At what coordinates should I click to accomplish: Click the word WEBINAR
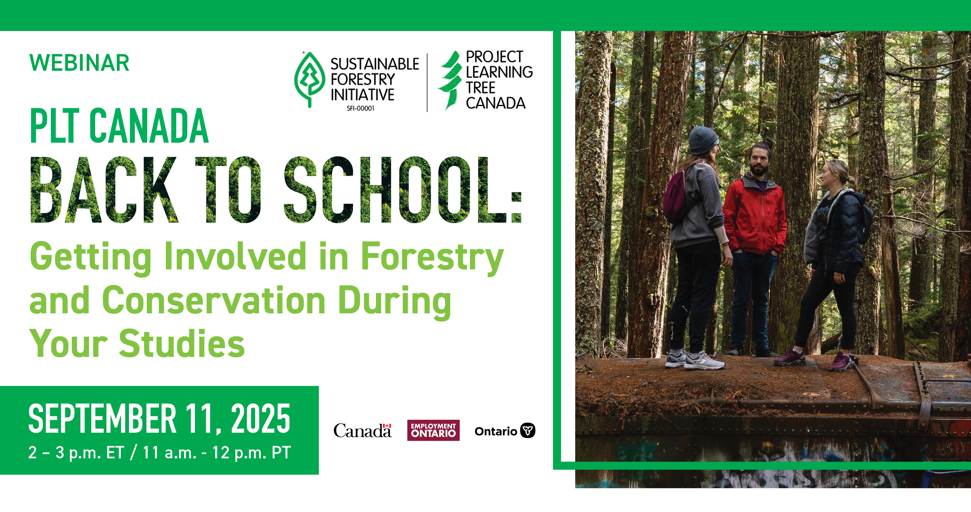pos(79,63)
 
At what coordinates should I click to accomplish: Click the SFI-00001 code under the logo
pos(360,108)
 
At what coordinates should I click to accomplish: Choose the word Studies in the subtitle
pos(182,343)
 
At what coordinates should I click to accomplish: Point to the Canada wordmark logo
pos(362,430)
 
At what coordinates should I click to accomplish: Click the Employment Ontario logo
pos(433,430)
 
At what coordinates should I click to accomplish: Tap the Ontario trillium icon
pos(527,430)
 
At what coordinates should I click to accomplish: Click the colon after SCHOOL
pos(517,207)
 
